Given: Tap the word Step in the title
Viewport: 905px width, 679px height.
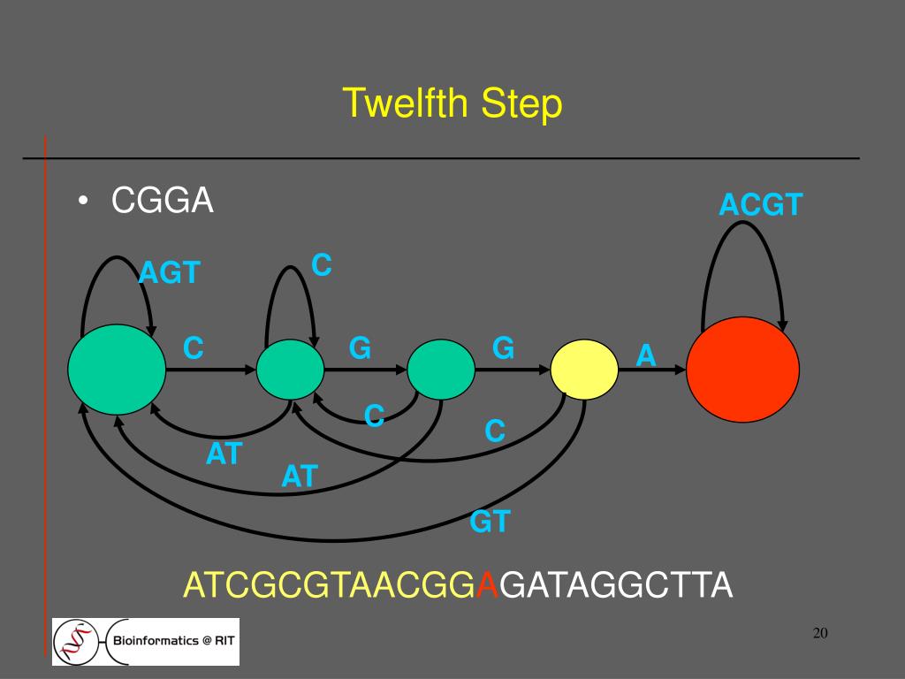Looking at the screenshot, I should (x=522, y=105).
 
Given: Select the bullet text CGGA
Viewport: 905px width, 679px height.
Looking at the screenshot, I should (x=163, y=202).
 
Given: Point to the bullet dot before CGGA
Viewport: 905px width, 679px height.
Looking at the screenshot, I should (x=82, y=202).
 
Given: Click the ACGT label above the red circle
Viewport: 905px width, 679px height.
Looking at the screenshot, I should (x=760, y=205).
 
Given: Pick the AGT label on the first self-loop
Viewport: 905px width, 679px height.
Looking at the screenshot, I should (x=170, y=273).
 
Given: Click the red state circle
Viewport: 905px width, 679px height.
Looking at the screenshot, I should (x=742, y=369).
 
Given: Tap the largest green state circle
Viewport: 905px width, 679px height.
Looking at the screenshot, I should (x=117, y=370).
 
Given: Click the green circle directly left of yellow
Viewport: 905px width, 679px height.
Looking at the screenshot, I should (x=441, y=370).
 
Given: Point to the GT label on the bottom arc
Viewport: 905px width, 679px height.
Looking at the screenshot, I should (x=490, y=522).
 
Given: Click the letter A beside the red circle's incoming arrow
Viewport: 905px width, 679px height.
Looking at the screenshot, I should (x=646, y=355).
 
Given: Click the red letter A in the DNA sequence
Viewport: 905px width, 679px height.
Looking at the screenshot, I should (x=486, y=585).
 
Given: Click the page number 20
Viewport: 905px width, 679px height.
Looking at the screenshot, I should (x=819, y=633).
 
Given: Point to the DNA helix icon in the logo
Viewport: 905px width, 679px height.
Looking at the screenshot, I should (x=79, y=640).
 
